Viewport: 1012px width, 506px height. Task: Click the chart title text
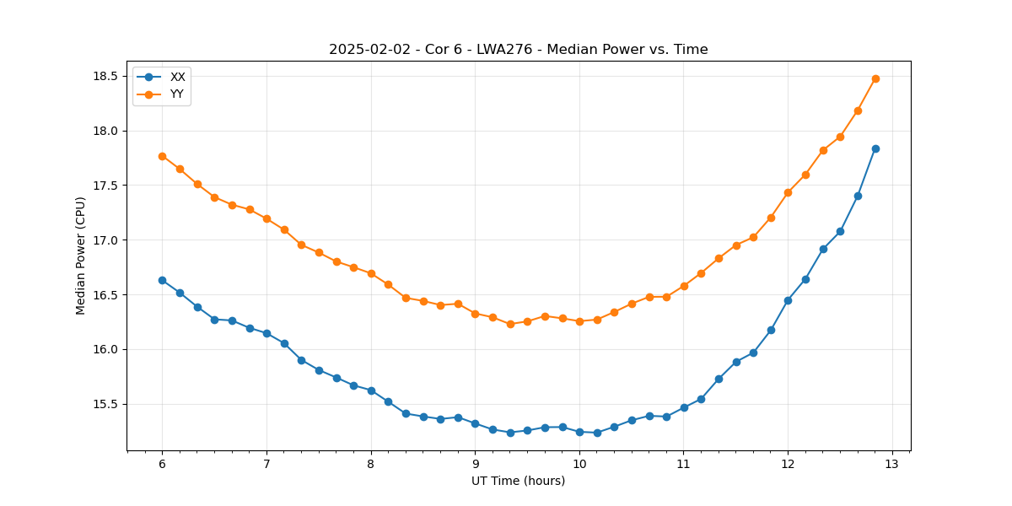click(x=518, y=50)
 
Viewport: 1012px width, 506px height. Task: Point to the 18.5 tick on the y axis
click(x=105, y=76)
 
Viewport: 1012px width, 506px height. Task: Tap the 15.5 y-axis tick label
click(x=105, y=404)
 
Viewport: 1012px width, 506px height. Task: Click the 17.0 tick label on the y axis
click(x=105, y=240)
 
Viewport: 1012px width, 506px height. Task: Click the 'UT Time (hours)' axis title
click(x=518, y=481)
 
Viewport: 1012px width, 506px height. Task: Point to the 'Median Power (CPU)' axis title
click(x=81, y=256)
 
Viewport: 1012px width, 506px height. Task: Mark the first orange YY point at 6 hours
click(x=162, y=156)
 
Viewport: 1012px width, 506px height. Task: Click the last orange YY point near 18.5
click(x=875, y=78)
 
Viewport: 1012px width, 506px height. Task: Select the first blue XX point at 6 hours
click(x=162, y=280)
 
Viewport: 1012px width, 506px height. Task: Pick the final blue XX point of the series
click(x=875, y=148)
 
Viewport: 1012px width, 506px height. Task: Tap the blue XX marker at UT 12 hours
click(x=788, y=300)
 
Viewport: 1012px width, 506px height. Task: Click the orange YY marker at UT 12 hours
click(x=788, y=192)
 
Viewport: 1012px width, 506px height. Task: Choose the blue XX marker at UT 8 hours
click(x=371, y=390)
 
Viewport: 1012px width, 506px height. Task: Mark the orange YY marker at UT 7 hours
click(x=266, y=218)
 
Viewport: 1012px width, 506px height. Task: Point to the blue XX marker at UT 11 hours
click(x=684, y=407)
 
